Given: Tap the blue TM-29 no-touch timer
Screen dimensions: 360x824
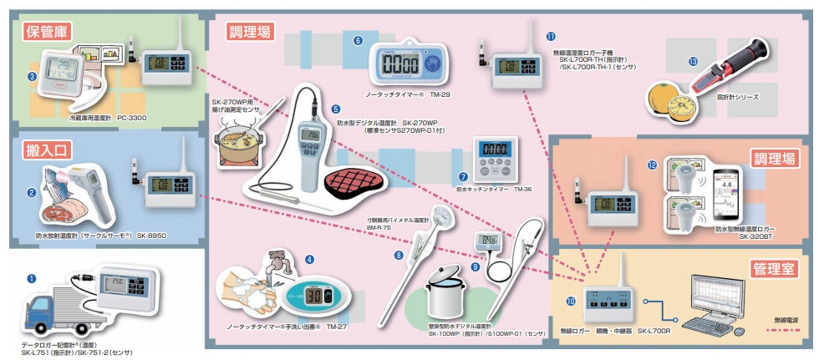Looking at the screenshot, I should point(405,63).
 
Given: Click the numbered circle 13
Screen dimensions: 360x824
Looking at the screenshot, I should point(693,62).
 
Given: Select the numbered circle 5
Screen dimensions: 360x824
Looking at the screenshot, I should point(335,109).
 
